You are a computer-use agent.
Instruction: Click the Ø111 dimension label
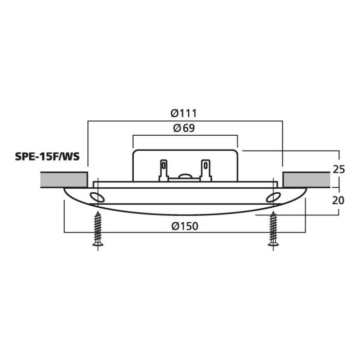click(x=184, y=113)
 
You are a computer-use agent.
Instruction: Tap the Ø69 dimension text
click(x=184, y=128)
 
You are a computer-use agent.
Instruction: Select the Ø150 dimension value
click(x=185, y=226)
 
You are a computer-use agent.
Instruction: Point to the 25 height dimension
click(x=339, y=169)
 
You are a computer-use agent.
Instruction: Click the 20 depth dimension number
click(x=338, y=201)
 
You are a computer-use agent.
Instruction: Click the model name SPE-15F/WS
click(x=47, y=156)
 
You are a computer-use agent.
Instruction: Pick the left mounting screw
click(x=98, y=229)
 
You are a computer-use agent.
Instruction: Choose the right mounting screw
click(x=273, y=229)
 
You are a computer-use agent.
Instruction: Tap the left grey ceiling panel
click(x=64, y=180)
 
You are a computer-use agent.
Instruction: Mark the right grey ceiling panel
click(x=307, y=180)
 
